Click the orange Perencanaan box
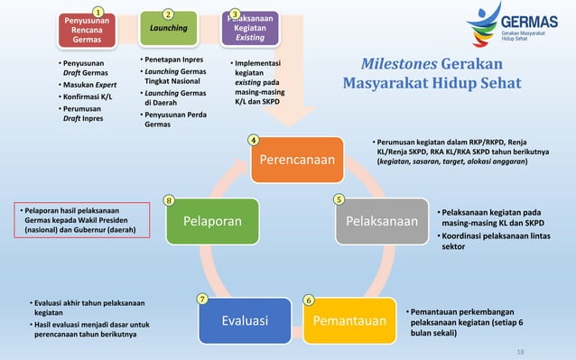point(297,160)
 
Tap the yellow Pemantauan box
point(349,320)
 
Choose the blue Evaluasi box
point(244,320)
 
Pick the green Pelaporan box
point(212,221)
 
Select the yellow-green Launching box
point(169,28)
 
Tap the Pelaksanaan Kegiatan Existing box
point(250,28)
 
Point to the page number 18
point(519,351)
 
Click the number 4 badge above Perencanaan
point(254,140)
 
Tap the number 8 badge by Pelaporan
point(169,199)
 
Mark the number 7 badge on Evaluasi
point(202,299)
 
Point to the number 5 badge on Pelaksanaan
point(339,199)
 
